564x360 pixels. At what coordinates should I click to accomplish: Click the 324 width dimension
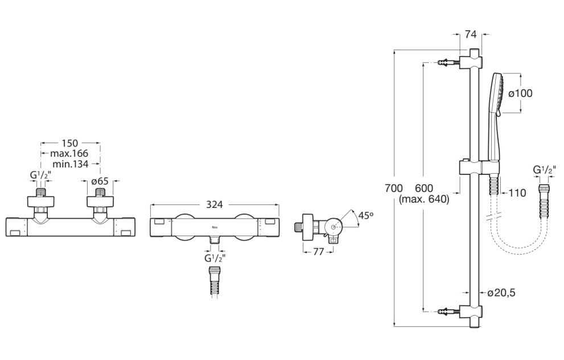[x=215, y=204]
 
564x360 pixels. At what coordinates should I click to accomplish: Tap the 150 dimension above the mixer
[x=70, y=144]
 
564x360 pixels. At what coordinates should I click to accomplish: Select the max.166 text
[x=69, y=154]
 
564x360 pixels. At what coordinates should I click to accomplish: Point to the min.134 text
[x=70, y=164]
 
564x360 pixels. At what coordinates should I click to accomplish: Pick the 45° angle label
[x=366, y=216]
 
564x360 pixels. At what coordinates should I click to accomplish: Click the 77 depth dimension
[x=319, y=252]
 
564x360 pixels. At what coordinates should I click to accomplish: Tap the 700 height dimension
[x=393, y=188]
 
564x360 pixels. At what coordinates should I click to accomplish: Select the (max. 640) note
[x=424, y=199]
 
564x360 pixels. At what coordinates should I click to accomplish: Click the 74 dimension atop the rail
[x=471, y=34]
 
